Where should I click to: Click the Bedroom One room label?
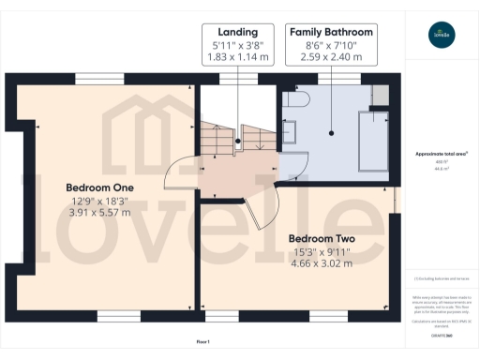pos(99,187)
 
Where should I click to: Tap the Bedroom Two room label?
pos(321,238)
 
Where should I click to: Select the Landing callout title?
pos(238,31)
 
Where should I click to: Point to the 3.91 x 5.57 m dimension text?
pos(99,213)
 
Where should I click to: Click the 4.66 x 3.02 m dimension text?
pos(321,263)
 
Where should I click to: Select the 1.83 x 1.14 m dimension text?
pos(238,57)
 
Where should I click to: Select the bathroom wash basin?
pos(288,137)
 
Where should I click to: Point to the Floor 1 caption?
pos(203,341)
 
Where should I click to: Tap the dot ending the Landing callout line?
pos(238,142)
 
